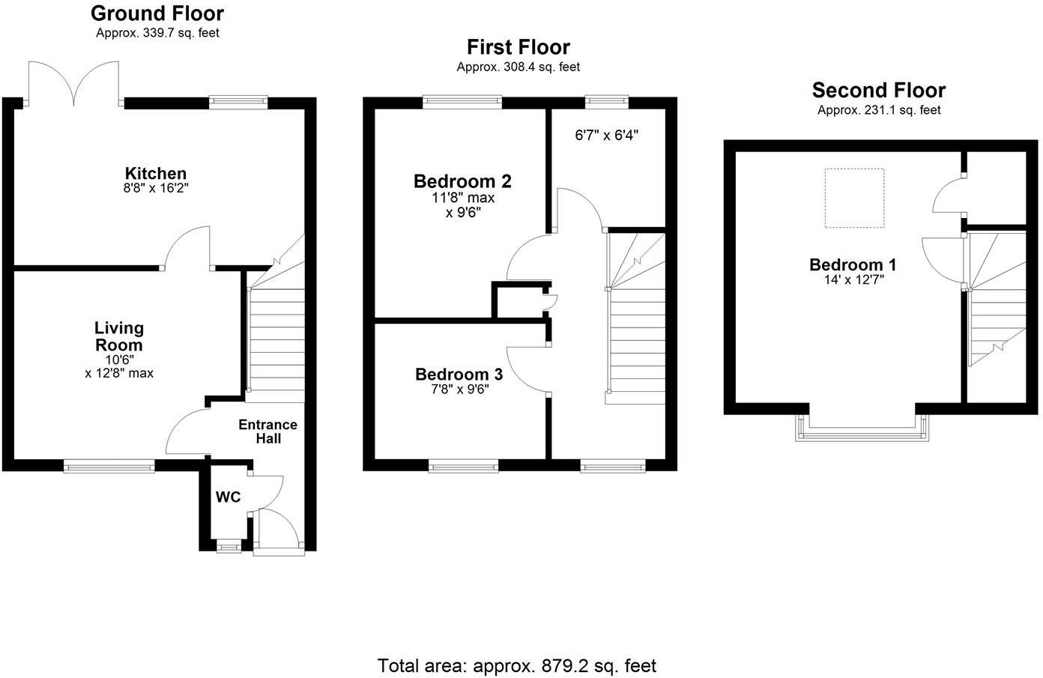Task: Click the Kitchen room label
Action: coord(155,173)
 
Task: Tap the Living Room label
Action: coord(118,336)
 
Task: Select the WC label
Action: coord(228,497)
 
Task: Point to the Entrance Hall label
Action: coord(267,432)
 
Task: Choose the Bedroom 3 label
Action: coord(459,375)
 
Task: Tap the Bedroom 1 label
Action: coord(852,264)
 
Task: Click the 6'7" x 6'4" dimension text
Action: coord(606,136)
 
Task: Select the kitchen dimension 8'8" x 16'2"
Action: coord(156,189)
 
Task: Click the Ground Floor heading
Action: coord(157,13)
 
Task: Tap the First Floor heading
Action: coord(518,47)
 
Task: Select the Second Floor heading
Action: coord(878,91)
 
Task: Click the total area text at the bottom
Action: coord(516,665)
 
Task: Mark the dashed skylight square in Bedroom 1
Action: coord(854,198)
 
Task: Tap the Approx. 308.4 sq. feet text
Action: coord(518,67)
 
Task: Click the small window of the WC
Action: coord(226,547)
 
